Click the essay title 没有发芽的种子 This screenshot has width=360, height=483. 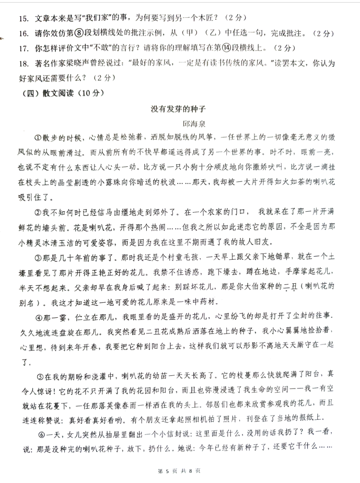[x=179, y=109]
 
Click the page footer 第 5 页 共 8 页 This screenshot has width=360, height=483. [x=179, y=471]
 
